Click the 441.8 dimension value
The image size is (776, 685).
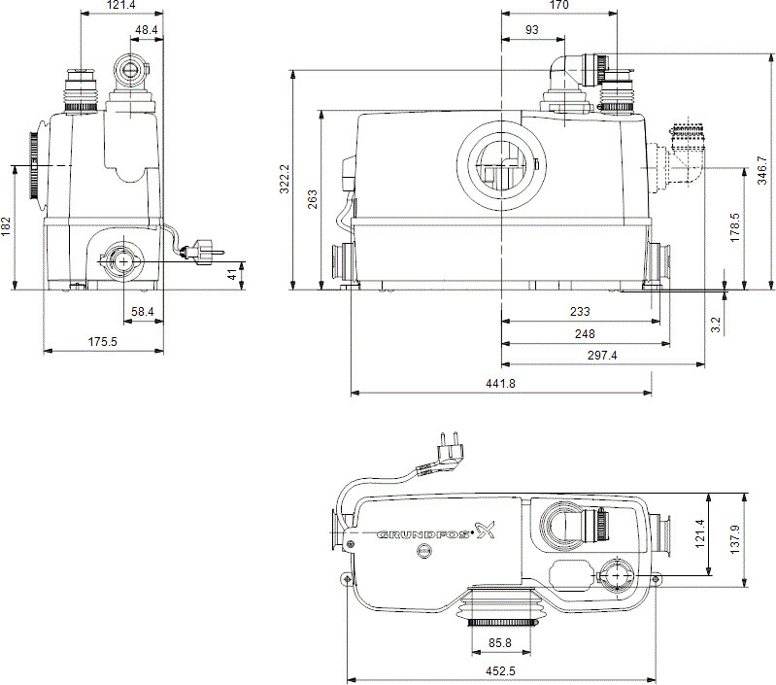[500, 384]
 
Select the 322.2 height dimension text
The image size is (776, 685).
[285, 178]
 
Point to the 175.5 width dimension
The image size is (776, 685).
[103, 341]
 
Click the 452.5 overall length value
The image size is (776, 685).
[500, 670]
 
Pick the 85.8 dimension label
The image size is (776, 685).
[501, 642]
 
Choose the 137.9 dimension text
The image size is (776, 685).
[735, 537]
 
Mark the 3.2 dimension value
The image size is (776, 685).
[716, 324]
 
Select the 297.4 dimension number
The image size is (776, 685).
[601, 356]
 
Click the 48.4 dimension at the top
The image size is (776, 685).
[147, 31]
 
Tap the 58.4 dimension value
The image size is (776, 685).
[142, 311]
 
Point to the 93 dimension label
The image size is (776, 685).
[531, 31]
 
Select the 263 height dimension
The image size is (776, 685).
[312, 199]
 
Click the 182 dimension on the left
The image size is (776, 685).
[7, 226]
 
